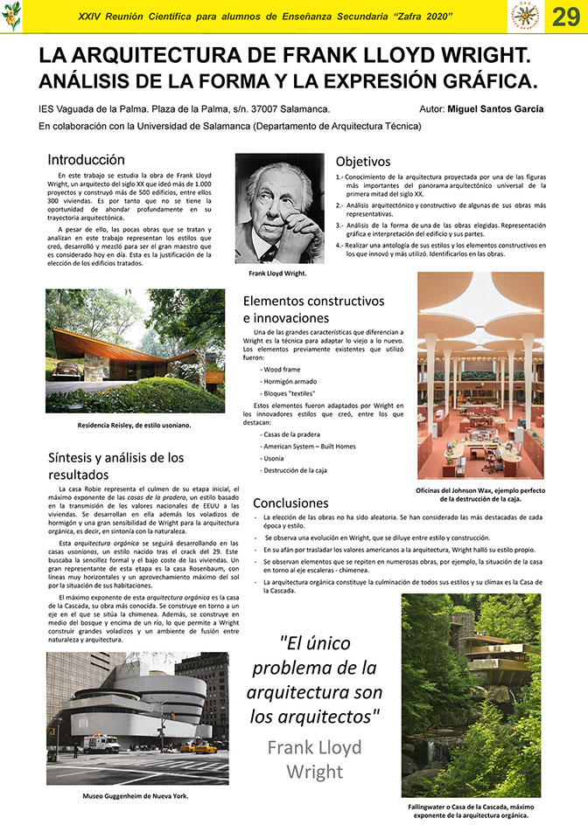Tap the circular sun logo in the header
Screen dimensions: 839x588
(x=525, y=16)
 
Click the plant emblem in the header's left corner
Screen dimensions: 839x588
(x=11, y=16)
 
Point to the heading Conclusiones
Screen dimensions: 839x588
(x=290, y=503)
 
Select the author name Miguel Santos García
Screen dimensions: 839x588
(x=494, y=109)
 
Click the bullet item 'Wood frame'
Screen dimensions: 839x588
(x=281, y=369)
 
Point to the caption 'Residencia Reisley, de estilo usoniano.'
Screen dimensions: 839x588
(x=134, y=425)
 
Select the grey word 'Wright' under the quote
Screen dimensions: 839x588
(x=314, y=772)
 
